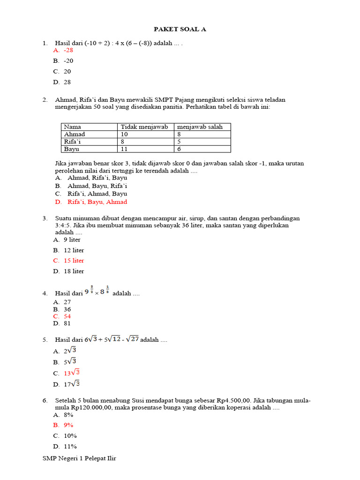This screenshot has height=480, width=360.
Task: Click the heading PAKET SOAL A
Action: click(x=180, y=29)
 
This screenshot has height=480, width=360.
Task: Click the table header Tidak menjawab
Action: click(x=144, y=127)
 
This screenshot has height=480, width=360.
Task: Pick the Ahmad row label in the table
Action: click(x=75, y=134)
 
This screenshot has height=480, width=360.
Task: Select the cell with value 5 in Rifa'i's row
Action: click(x=179, y=142)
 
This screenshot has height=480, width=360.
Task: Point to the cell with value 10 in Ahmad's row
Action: click(x=125, y=134)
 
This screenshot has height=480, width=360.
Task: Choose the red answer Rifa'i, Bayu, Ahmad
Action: click(x=97, y=202)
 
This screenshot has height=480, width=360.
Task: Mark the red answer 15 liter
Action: click(x=74, y=261)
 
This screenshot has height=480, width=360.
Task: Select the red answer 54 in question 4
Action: click(x=67, y=316)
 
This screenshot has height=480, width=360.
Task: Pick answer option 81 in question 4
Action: click(x=67, y=323)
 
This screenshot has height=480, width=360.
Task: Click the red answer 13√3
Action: click(x=72, y=373)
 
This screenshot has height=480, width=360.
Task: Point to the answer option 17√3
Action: click(x=72, y=384)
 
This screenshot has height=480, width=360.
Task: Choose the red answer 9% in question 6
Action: click(x=68, y=425)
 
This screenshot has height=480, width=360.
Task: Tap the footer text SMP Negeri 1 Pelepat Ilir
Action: click(x=79, y=458)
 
